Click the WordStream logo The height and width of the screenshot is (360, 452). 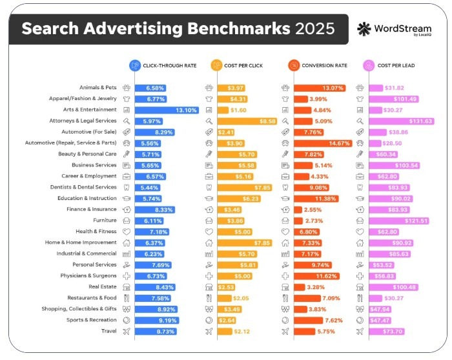390,30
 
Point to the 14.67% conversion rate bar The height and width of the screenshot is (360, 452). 323,143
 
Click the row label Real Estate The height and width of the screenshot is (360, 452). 103,286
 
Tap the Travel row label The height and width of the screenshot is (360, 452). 109,331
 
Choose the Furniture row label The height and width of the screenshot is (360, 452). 105,220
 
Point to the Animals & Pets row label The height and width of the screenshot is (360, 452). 98,88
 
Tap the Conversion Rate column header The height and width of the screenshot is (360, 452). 317,65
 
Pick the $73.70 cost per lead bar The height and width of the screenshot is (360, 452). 387,331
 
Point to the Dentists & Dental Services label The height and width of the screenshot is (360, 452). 84,187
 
